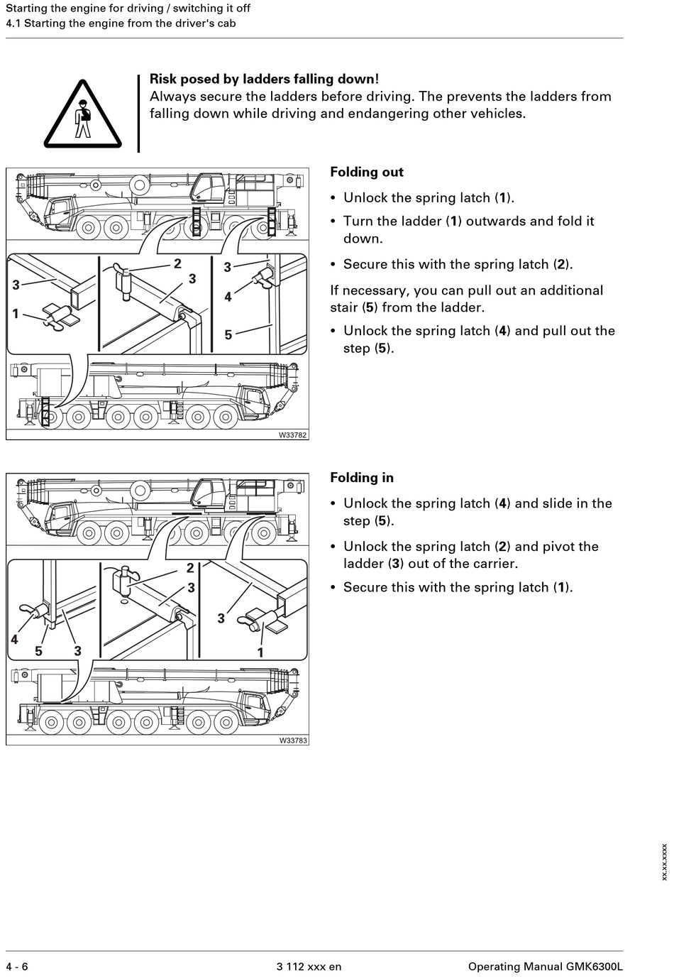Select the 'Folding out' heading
366,173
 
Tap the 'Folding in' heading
361,478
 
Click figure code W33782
292,434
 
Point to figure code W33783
292,740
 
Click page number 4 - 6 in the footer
17,966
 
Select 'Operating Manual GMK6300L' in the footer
545,966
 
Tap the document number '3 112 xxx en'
309,966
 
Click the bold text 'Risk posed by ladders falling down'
262,80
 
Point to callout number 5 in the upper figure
228,334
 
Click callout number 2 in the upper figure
177,263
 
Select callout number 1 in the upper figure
15,313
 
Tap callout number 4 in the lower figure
14,639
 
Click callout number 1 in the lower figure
260,652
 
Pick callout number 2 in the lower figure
190,568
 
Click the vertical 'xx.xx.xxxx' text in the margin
664,862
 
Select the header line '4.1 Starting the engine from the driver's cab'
121,23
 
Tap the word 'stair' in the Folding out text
345,307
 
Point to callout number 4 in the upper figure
228,297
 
